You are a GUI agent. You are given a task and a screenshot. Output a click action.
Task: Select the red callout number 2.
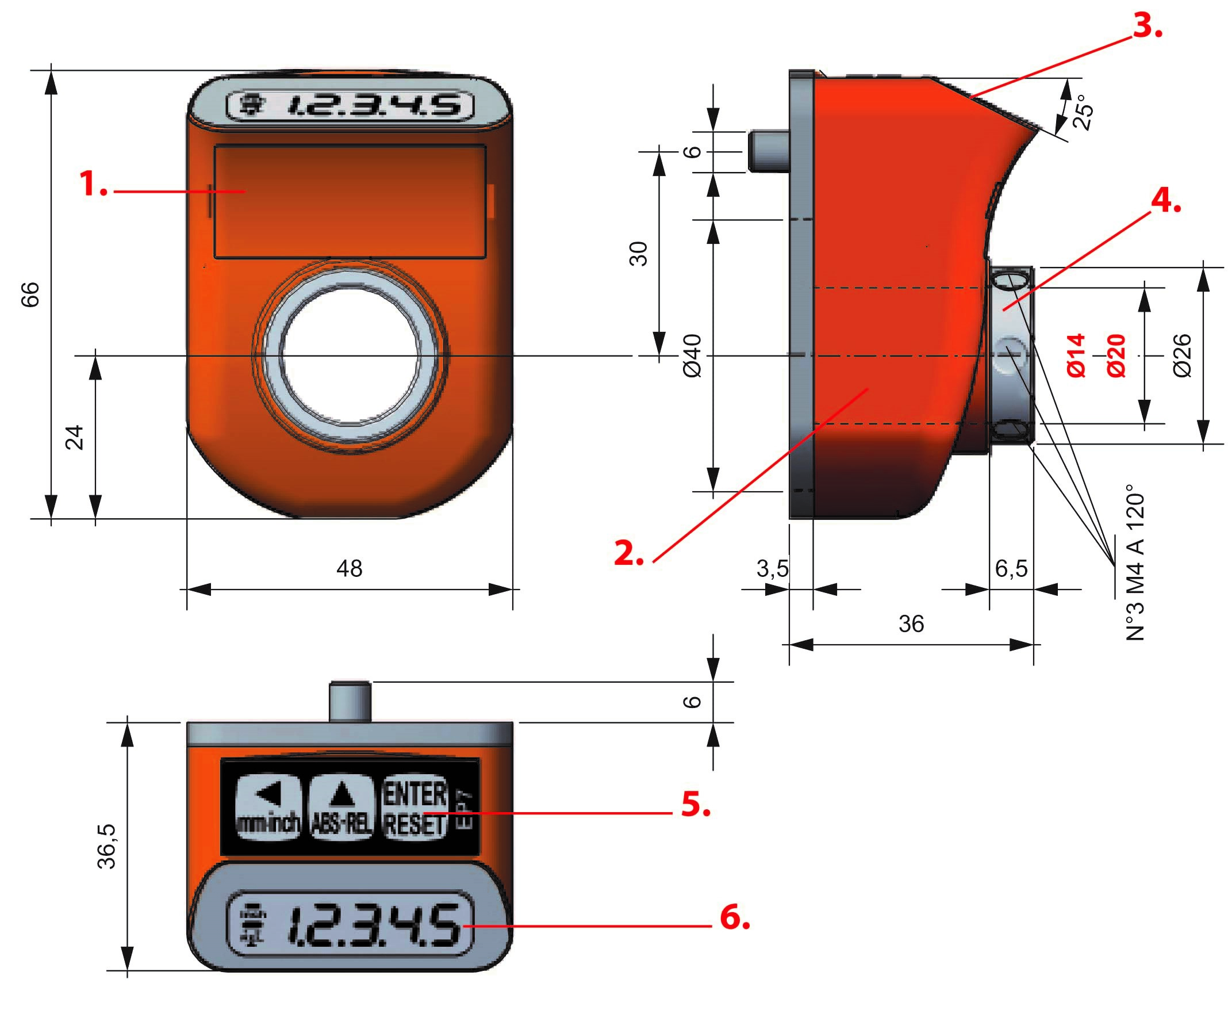coord(628,553)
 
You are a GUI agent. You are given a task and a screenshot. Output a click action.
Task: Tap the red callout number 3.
coord(1146,26)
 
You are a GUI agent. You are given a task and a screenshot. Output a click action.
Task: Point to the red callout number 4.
coord(1165,201)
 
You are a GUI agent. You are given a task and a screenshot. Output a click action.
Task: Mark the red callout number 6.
coord(735,917)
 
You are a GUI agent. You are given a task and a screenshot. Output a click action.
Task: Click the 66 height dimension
coord(30,294)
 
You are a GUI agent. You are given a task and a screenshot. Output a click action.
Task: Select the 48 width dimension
coord(350,569)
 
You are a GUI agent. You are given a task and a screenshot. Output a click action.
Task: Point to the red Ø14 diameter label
coord(1076,355)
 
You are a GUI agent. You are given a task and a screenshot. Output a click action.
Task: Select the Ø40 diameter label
coord(693,356)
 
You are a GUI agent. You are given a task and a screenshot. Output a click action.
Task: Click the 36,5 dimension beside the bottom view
coord(107,846)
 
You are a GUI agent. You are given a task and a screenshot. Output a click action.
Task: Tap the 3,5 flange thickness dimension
coord(772,569)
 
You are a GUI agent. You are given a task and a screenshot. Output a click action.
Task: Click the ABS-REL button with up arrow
coord(341,808)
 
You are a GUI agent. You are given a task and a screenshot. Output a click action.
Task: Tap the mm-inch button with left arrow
coord(268,808)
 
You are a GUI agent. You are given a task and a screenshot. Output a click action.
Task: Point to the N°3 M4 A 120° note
coord(1135,562)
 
